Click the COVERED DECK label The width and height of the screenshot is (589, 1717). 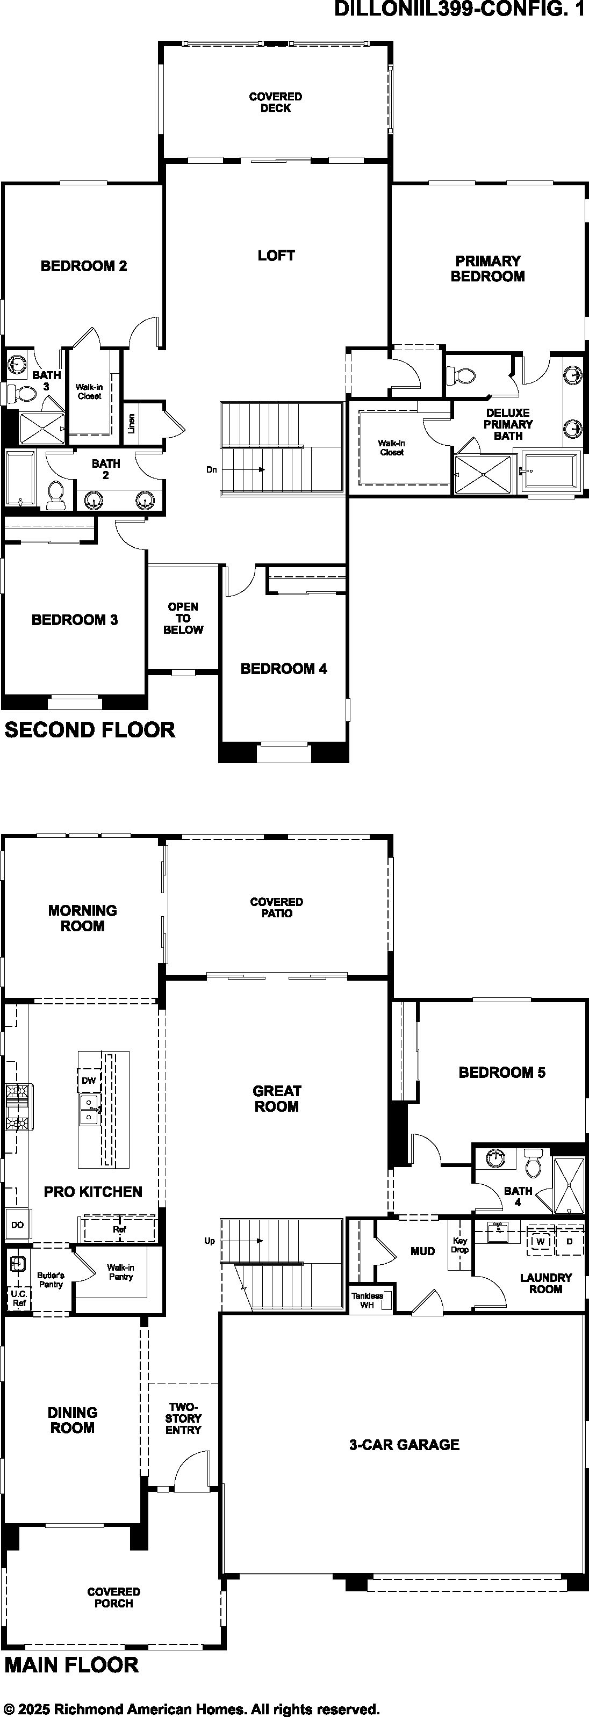[x=276, y=102]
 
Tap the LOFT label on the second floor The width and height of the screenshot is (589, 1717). [x=276, y=255]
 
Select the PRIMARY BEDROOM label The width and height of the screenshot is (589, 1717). [x=487, y=269]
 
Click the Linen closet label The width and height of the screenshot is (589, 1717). [x=132, y=423]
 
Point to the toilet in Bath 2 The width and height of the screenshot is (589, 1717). [x=55, y=494]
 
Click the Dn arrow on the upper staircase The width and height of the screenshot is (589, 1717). [x=243, y=469]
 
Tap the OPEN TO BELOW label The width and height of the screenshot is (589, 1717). [x=183, y=618]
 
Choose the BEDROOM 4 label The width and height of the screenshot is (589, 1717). [x=284, y=669]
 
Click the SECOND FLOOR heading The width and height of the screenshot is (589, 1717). [x=90, y=730]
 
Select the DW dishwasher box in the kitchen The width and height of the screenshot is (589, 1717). [x=89, y=1081]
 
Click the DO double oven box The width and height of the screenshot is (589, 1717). [x=17, y=1225]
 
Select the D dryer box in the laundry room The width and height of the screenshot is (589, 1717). [x=570, y=1242]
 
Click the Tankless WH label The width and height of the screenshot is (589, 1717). [x=368, y=1300]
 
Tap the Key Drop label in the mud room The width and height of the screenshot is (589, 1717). [x=459, y=1245]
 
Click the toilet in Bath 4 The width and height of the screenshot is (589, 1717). [x=534, y=1164]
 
